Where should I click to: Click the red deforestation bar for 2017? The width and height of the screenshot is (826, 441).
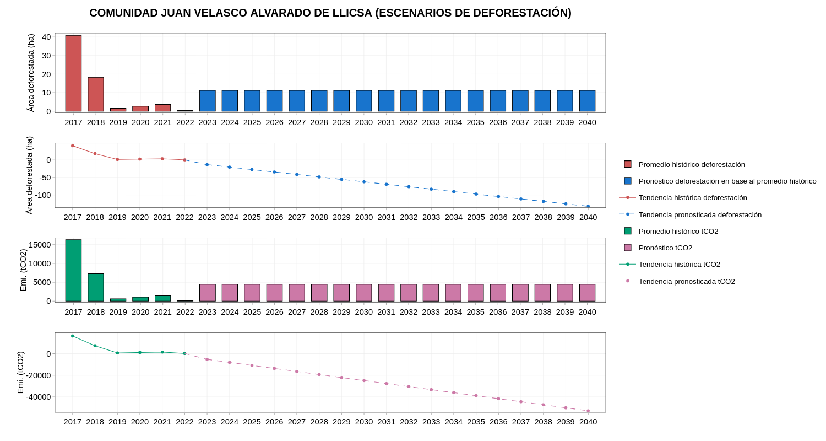pos(73,73)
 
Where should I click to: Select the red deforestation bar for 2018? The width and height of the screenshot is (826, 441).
pos(96,94)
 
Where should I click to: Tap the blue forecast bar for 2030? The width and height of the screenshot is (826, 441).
pos(364,101)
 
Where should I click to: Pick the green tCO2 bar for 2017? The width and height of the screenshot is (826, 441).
pos(73,270)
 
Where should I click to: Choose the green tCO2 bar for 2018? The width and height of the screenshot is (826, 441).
pos(96,287)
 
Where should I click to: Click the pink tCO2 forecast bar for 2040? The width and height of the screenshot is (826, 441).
pos(587,293)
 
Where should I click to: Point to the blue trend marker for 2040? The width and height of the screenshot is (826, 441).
pos(588,206)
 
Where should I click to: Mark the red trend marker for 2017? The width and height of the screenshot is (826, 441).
pos(73,146)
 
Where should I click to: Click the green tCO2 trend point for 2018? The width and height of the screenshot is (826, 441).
pos(95,346)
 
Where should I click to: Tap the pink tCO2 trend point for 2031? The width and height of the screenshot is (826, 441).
pos(387,384)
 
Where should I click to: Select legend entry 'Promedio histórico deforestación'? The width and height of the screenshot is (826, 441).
pos(692,164)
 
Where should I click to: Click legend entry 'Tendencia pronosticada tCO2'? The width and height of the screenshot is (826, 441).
pos(687,281)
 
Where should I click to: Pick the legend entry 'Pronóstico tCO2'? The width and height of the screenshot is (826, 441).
pos(665,248)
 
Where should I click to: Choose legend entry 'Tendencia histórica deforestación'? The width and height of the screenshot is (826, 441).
pos(693,197)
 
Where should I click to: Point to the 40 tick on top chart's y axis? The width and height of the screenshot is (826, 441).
pos(46,37)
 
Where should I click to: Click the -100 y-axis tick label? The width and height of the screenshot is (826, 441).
pos(43,195)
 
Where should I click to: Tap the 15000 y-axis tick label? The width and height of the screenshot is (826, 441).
pos(40,245)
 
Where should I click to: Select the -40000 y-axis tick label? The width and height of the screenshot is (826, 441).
pos(38,397)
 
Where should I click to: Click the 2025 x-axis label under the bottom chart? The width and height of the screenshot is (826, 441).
pos(252,422)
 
